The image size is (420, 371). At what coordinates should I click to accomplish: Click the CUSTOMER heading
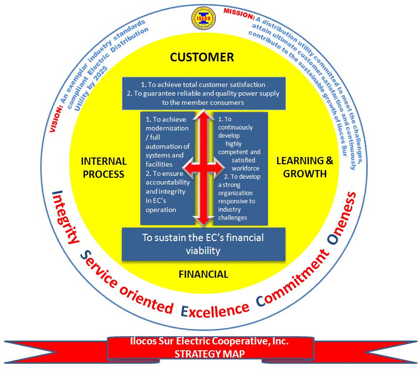(x=202, y=57)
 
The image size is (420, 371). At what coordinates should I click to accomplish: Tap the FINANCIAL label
(x=203, y=274)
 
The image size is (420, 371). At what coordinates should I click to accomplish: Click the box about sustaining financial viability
(x=203, y=244)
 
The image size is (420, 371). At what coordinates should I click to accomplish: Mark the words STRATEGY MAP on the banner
(x=210, y=354)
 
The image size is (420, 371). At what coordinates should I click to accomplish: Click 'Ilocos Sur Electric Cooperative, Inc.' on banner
(x=210, y=342)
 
